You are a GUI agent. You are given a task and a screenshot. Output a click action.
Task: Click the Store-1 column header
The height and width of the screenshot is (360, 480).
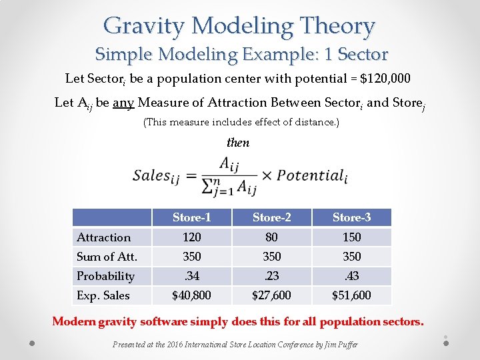point(191,217)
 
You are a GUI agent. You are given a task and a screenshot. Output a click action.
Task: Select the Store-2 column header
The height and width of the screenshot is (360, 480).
point(271,217)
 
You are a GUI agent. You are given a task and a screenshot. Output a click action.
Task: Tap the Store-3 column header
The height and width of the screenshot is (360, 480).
point(351,217)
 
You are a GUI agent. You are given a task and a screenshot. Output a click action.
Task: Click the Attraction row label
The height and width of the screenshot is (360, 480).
point(103,237)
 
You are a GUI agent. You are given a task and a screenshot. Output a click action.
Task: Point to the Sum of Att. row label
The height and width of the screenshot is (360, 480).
point(107,257)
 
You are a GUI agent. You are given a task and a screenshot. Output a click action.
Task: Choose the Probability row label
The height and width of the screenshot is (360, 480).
point(105,276)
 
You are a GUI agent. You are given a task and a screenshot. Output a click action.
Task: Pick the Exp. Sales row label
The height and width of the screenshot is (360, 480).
point(103,295)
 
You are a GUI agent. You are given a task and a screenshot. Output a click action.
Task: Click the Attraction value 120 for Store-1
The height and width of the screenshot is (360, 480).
point(191,237)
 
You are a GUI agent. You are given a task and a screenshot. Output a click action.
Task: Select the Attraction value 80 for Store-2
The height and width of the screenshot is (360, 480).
point(271,237)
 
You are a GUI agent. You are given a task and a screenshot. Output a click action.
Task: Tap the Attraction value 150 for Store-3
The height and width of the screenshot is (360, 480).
point(351,237)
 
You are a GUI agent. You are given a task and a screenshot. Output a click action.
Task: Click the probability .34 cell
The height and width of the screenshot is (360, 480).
point(191,276)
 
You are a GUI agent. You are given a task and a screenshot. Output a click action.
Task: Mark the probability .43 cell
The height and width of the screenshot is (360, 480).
point(351,276)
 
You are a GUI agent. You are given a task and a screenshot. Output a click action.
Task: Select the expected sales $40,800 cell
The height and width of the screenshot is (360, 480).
point(191,295)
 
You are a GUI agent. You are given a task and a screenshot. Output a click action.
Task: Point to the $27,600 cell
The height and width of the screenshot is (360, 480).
point(271,295)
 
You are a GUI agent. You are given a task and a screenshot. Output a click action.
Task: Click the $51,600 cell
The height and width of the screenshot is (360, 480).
point(351,295)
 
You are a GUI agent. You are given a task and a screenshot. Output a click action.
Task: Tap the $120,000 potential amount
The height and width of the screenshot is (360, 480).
point(385,79)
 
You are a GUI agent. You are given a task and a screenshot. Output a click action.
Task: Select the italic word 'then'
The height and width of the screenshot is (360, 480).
point(238,143)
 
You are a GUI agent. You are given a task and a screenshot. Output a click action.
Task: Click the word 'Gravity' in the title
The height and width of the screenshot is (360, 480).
point(144,26)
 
